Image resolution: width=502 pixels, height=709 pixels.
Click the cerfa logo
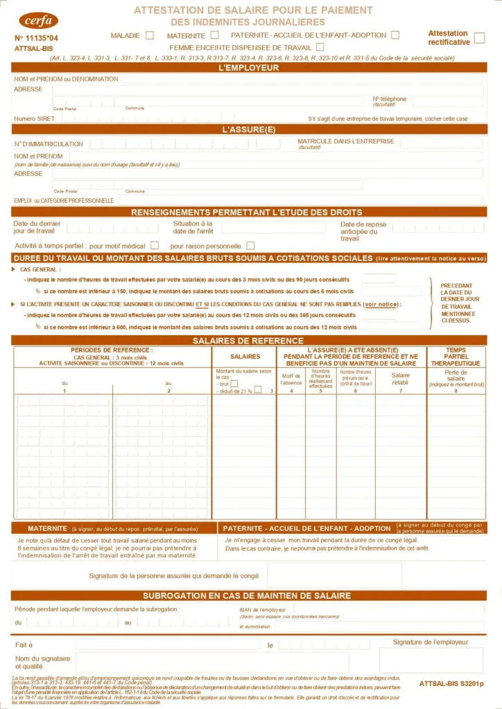39,20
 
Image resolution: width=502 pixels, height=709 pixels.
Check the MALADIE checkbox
149,35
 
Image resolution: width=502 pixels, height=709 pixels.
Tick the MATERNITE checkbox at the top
214,35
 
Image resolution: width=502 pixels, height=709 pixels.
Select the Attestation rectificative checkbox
478,37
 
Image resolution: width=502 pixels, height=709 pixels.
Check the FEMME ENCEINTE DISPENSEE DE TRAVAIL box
320,47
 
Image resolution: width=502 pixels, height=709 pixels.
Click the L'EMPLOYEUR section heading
248,68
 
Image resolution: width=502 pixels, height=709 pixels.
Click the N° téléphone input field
447,102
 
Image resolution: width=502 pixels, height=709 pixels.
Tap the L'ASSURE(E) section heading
248,129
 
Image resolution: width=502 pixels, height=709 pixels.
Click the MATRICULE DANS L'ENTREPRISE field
441,143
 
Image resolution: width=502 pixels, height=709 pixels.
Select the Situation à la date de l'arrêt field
272,227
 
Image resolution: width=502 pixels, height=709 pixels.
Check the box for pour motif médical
155,245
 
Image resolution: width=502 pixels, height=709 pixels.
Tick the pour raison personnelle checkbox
250,245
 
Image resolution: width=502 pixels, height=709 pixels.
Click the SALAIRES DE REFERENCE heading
248,341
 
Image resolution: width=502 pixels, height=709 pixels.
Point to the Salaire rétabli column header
401,379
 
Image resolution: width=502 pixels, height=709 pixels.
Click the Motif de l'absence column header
291,379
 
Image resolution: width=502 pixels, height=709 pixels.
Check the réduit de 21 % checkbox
257,390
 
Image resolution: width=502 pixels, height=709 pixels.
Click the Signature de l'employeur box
431,660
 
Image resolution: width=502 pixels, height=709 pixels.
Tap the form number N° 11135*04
36,38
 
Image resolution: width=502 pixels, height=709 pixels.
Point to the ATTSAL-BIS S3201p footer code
451,683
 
